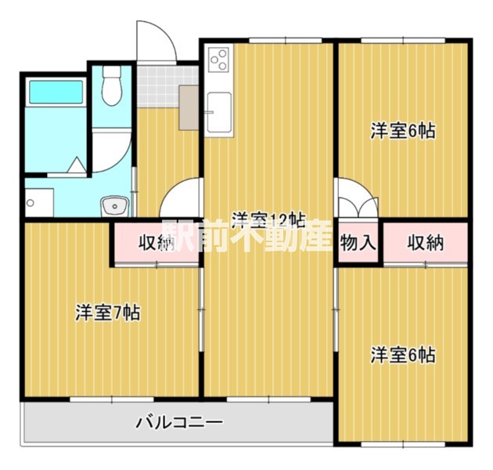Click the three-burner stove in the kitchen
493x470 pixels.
(218, 59)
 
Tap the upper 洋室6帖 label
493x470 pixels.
(402, 131)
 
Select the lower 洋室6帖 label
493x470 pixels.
(402, 355)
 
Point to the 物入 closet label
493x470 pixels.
(358, 243)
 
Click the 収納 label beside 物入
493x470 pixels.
(425, 243)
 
